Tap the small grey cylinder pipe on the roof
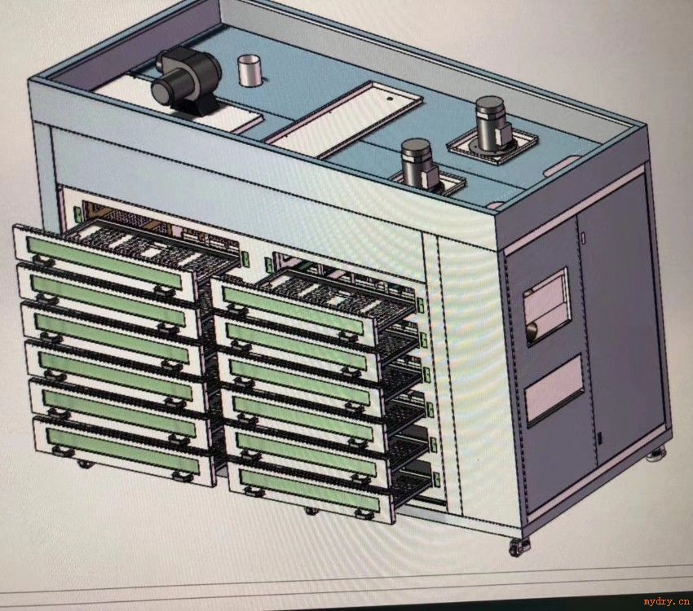click(x=250, y=71)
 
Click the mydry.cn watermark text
click(x=666, y=601)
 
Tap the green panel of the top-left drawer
click(x=104, y=263)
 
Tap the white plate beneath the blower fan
click(x=177, y=103)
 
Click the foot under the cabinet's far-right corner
click(x=655, y=455)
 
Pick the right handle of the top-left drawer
click(x=164, y=292)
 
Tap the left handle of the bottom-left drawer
click(x=62, y=451)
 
